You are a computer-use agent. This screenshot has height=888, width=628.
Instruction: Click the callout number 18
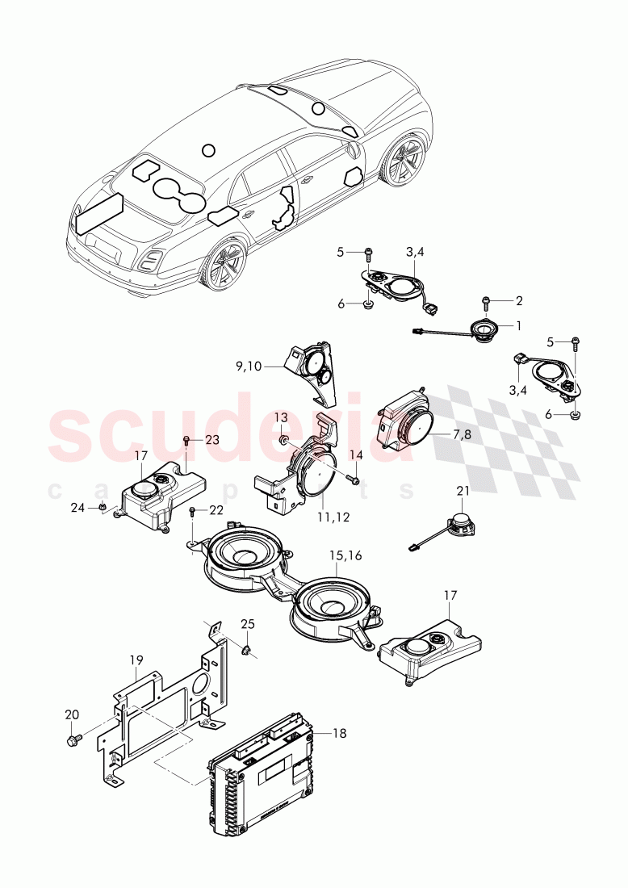(339, 733)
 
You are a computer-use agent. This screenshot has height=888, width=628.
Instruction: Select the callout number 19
(136, 660)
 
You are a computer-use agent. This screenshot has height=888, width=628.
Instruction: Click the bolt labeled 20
(74, 739)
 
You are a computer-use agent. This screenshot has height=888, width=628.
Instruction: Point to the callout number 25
(248, 624)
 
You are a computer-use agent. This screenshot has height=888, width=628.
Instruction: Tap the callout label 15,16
(346, 556)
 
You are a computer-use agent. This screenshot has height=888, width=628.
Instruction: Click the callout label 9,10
(249, 367)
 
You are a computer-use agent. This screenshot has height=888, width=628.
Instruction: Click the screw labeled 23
(187, 440)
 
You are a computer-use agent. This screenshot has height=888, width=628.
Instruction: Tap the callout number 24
(78, 508)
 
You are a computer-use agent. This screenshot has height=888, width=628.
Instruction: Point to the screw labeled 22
(193, 511)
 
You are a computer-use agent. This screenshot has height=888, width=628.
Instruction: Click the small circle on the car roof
(209, 150)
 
